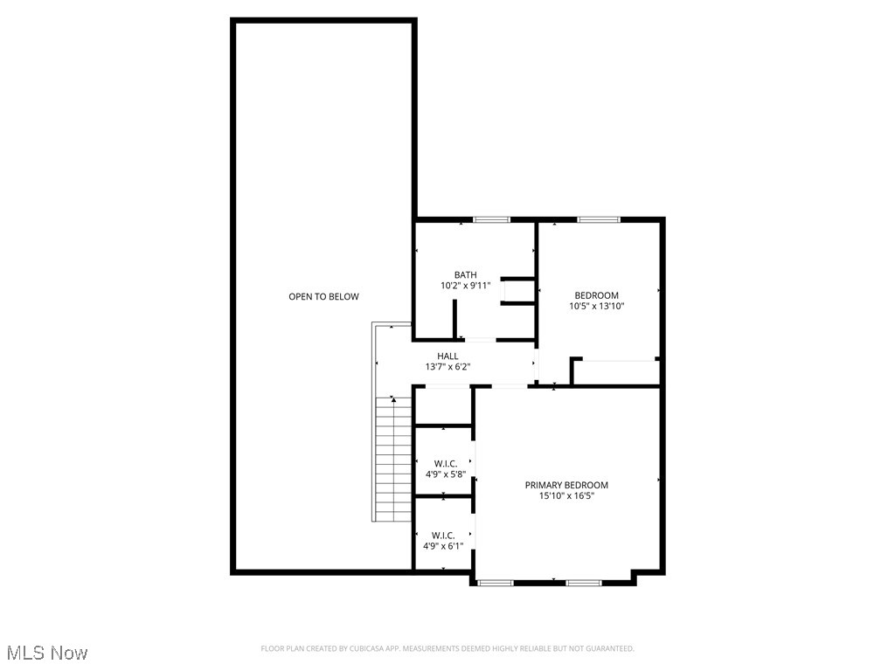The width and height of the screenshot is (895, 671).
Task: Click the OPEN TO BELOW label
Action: (323, 297)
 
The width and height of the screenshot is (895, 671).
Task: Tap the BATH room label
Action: (465, 275)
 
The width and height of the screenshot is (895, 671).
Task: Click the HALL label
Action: (447, 356)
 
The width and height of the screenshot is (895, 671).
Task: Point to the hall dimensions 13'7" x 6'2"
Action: (447, 367)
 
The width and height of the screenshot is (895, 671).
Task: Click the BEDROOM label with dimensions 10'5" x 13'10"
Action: (596, 295)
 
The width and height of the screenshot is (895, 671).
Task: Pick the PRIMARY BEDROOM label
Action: (566, 485)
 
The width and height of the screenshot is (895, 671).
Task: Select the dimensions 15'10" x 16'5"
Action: (566, 496)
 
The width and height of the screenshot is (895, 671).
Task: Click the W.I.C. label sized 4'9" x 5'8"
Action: (445, 464)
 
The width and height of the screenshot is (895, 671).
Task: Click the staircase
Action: (392, 459)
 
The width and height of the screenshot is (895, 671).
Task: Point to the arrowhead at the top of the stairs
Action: (393, 399)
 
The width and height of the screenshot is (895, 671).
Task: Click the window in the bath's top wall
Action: (491, 219)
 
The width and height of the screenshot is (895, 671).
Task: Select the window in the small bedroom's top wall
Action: (598, 219)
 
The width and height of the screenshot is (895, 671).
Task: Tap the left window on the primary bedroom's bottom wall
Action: (495, 582)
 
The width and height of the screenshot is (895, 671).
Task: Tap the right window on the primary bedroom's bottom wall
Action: (583, 582)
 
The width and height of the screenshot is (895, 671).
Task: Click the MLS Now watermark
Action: (47, 653)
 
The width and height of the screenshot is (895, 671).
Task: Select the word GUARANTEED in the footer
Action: (610, 649)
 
